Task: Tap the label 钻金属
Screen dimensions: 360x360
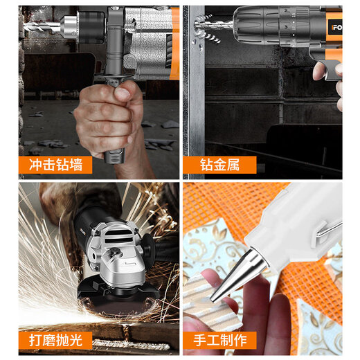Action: (x=219, y=165)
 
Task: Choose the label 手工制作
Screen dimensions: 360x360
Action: (x=219, y=340)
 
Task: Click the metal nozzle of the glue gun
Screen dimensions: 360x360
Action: (x=239, y=274)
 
